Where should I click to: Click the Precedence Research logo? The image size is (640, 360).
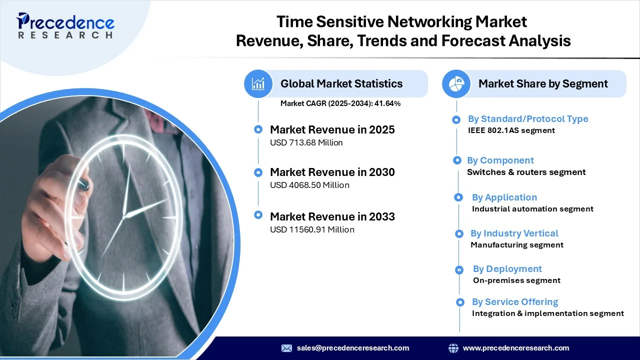(x=65, y=25)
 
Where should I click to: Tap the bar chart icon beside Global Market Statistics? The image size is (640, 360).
(x=258, y=83)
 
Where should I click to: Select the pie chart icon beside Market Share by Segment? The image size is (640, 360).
(x=456, y=83)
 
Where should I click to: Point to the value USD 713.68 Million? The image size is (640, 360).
(x=306, y=142)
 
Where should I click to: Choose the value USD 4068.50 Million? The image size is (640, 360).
(x=309, y=185)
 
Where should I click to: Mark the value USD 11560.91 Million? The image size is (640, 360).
(x=312, y=229)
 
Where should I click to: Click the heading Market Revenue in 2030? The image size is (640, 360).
(x=332, y=172)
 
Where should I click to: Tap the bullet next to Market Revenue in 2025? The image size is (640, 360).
(x=258, y=129)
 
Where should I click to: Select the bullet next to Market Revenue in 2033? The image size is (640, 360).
(x=258, y=215)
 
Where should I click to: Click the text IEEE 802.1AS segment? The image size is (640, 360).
(x=511, y=130)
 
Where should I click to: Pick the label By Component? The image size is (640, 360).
(x=500, y=160)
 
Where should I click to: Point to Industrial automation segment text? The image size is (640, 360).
(x=532, y=209)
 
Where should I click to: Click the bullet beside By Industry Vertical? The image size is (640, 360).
(x=459, y=233)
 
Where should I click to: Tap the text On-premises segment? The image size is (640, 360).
(x=516, y=280)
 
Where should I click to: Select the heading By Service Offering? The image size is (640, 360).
(x=515, y=301)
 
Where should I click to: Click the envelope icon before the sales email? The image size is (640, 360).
(x=286, y=348)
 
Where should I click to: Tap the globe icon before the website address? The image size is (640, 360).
(x=453, y=348)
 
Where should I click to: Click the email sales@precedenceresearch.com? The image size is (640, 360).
(x=353, y=348)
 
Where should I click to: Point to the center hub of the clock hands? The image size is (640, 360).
(x=124, y=217)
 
